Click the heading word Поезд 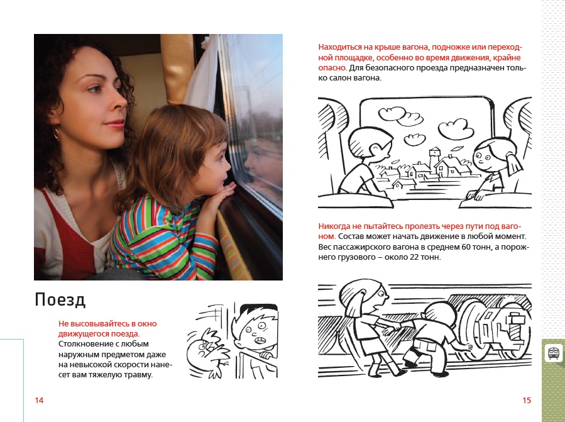(x=60, y=300)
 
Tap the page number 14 (x=39, y=400)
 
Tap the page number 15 (x=527, y=400)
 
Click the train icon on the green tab (x=553, y=352)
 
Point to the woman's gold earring (x=56, y=134)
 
